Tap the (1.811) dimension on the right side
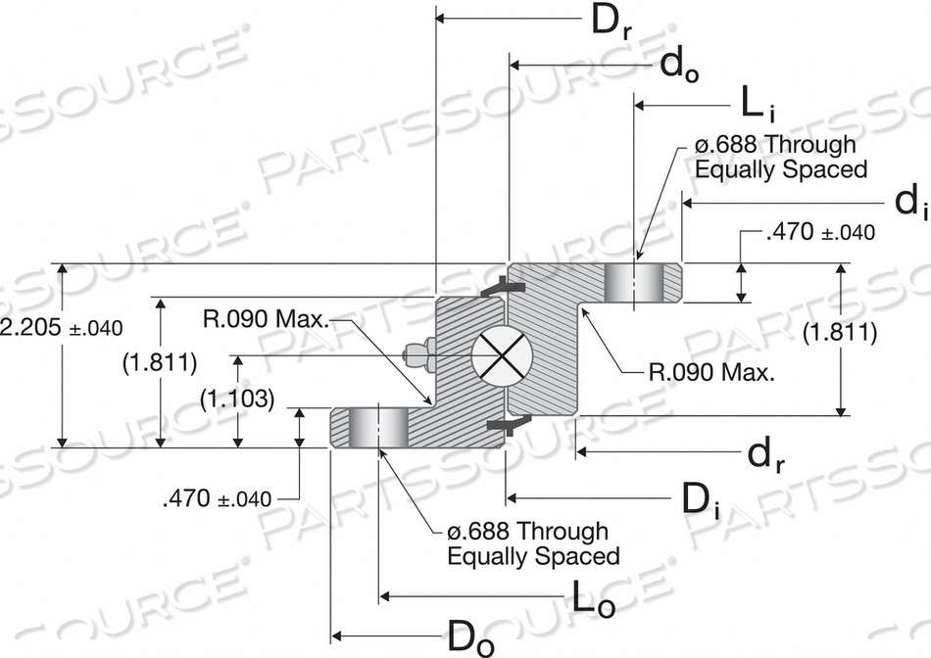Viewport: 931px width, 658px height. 839,333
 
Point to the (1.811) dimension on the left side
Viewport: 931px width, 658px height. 160,362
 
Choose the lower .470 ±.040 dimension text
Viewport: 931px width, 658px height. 216,498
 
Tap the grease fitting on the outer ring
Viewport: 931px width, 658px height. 418,355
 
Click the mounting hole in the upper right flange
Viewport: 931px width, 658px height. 634,282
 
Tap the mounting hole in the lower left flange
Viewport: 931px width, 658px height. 378,428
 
